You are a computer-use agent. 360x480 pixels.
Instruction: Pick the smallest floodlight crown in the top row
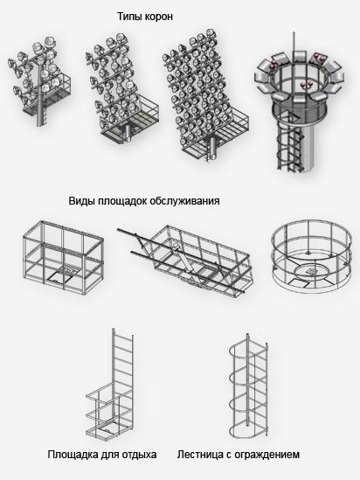[39, 81]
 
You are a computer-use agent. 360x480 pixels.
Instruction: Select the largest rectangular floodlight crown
[205, 95]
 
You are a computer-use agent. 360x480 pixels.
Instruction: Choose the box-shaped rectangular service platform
[63, 257]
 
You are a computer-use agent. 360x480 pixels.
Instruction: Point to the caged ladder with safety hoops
[248, 386]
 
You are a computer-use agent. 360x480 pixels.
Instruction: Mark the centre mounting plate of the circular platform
[311, 271]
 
